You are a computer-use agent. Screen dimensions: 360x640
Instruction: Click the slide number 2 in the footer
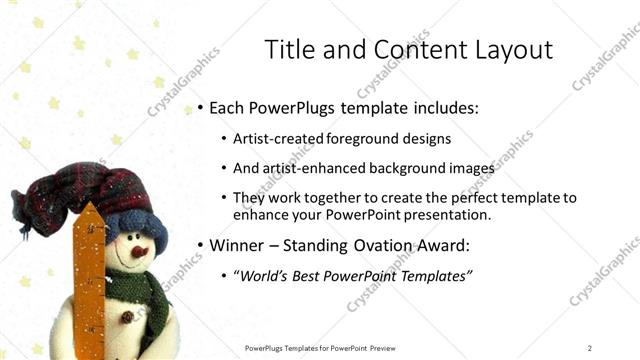coord(590,347)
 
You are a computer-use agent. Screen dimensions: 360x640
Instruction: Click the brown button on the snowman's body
coord(127,318)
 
